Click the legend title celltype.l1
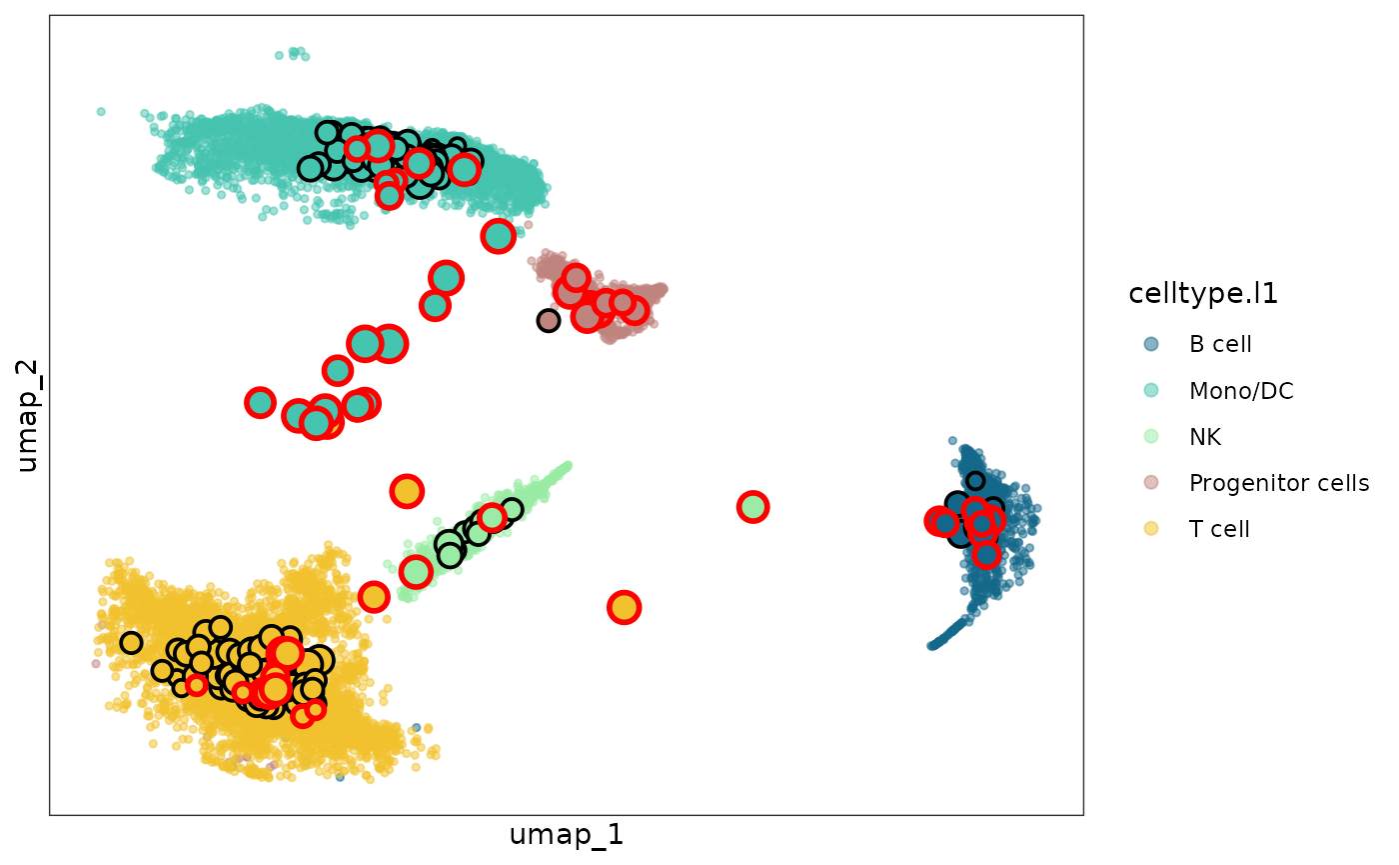point(1203,294)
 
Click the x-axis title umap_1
point(566,835)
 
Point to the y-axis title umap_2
point(28,414)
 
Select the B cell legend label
point(1220,345)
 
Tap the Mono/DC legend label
point(1241,391)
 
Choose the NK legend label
point(1205,437)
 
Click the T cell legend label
point(1219,529)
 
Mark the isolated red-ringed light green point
point(752,507)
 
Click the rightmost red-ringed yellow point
point(624,607)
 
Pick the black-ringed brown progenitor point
point(548,320)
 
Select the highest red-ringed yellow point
point(406,491)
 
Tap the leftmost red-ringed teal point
point(260,402)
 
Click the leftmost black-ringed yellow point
point(131,642)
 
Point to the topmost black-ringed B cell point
point(975,481)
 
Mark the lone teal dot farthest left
point(101,112)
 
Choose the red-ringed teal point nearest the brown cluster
point(498,236)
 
